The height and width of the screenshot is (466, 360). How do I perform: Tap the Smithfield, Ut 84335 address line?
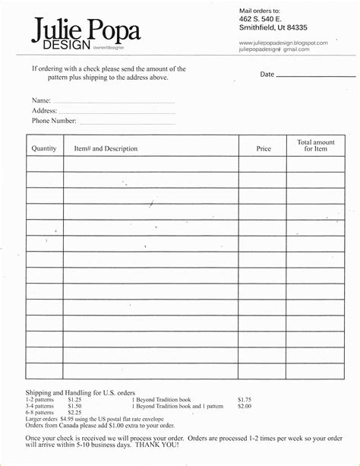coord(273,27)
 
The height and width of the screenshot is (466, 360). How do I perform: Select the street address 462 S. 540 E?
coord(261,17)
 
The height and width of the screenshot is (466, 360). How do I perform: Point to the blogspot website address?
coord(283,43)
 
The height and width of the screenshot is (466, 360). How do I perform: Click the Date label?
coord(267,74)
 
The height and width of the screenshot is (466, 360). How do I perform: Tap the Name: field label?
coord(41,100)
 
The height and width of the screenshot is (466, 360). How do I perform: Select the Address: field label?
coord(44,110)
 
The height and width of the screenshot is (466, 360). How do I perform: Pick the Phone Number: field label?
coord(54,121)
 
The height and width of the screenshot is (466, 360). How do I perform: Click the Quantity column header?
coord(44,149)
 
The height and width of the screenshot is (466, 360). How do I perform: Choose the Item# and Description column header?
coord(106,149)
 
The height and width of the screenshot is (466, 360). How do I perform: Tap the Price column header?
coord(264,149)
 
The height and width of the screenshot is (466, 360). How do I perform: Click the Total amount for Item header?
coord(315,145)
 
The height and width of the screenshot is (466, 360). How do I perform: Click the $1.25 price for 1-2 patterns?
coord(74,399)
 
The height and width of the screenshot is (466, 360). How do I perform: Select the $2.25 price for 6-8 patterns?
coord(74,412)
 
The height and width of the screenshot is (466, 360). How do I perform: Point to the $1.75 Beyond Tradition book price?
coord(244,399)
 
